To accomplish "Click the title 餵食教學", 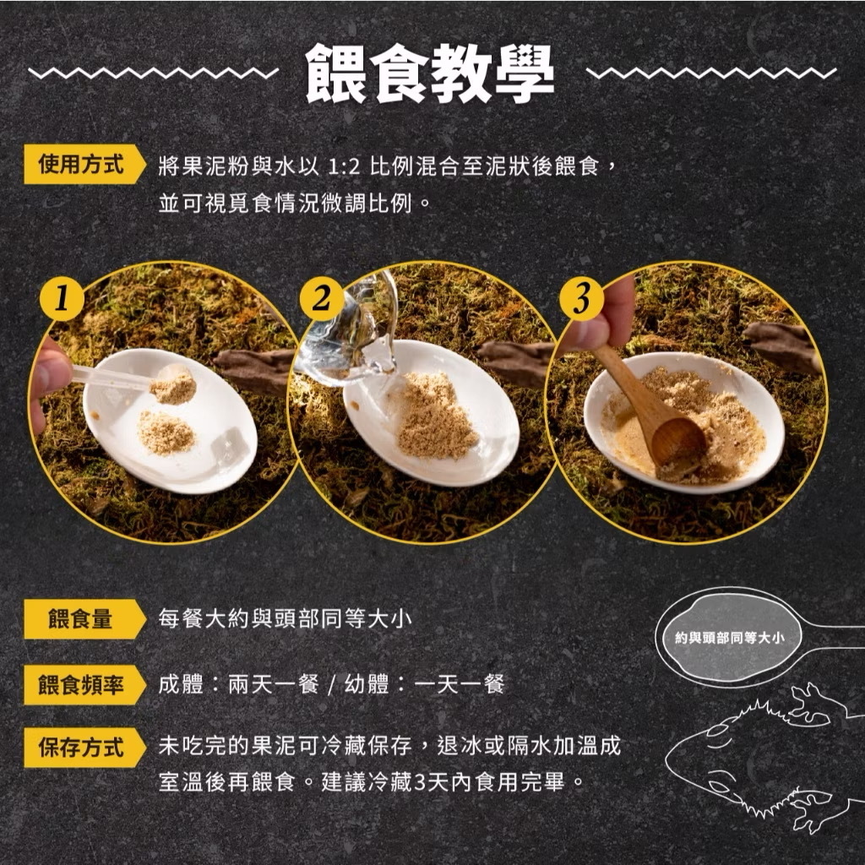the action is (430, 73).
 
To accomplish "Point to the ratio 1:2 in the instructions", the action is (343, 166).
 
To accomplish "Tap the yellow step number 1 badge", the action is (62, 299).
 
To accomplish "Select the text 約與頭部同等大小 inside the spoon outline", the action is (729, 638).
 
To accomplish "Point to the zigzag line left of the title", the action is (154, 73).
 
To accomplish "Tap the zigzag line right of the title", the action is (711, 73).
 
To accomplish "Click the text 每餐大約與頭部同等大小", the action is (285, 618).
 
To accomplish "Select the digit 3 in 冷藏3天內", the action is (419, 782).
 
